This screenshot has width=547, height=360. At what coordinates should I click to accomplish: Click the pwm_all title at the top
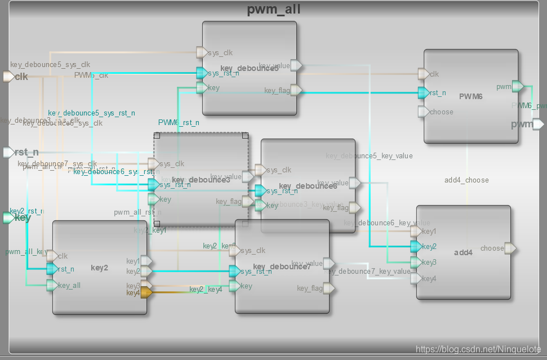click(274, 10)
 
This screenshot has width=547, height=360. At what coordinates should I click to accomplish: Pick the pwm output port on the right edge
click(538, 124)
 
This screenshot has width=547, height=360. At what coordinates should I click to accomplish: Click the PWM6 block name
click(471, 97)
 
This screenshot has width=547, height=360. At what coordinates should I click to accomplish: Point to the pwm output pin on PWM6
click(518, 86)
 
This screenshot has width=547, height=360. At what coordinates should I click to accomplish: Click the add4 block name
click(463, 252)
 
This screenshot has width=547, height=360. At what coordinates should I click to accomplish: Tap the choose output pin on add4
click(510, 248)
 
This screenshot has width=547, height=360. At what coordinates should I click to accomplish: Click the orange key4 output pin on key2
click(145, 292)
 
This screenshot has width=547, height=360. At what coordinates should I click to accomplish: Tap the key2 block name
click(99, 268)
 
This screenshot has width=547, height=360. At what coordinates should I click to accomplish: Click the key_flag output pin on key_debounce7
click(328, 288)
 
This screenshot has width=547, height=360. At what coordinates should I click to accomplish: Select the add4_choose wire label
click(466, 180)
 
